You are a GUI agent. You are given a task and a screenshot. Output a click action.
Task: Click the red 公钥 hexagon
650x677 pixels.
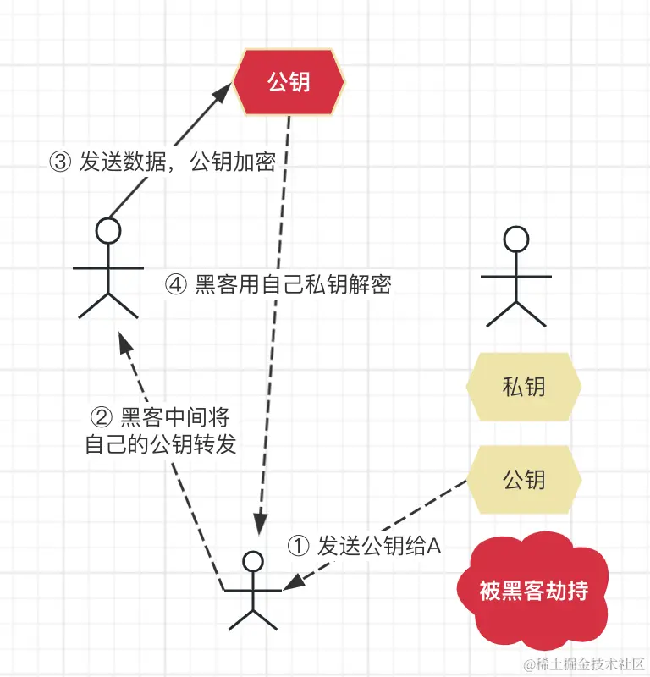click(289, 82)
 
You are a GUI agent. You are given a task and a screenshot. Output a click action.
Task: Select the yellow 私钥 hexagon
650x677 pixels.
click(523, 388)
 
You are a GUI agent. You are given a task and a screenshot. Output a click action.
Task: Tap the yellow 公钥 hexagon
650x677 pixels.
click(523, 480)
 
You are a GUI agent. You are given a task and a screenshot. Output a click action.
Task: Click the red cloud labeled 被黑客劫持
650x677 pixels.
click(533, 592)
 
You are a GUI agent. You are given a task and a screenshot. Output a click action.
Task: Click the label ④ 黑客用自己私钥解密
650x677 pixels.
click(279, 285)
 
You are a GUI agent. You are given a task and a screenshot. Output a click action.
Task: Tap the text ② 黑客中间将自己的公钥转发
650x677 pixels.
click(161, 430)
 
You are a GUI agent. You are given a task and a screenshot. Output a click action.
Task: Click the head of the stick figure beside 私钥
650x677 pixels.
click(515, 238)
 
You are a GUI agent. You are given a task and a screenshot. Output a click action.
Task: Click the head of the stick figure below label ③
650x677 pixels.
click(108, 229)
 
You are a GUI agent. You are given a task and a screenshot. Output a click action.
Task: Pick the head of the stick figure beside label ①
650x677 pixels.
click(252, 561)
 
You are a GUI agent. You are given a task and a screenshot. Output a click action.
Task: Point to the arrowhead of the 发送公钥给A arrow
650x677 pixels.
click(290, 583)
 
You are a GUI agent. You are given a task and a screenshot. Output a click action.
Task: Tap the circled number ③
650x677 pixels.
click(60, 162)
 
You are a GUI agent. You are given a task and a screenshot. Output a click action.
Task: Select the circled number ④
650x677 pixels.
click(176, 285)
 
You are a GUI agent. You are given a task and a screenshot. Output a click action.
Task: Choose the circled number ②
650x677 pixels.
click(101, 417)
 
